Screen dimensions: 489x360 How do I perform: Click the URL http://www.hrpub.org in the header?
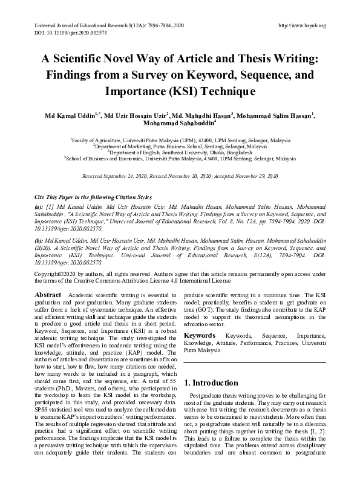(x=301, y=25)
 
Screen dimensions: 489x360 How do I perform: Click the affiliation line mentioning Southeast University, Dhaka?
(x=180, y=154)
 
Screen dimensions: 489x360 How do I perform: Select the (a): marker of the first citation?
(x=38, y=207)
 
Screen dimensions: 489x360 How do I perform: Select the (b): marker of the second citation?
(x=38, y=239)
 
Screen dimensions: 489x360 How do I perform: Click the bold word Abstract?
(x=48, y=294)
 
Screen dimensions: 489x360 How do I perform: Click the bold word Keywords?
(x=199, y=335)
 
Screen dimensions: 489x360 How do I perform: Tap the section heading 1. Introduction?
(x=212, y=383)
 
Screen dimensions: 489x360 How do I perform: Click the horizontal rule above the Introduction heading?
(x=254, y=363)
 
